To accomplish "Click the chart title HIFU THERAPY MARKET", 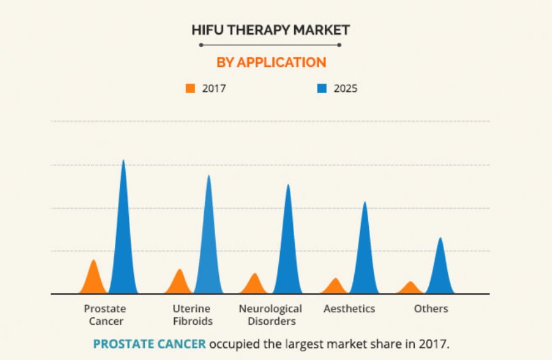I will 271,29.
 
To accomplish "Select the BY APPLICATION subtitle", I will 271,62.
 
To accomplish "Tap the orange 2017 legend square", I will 190,89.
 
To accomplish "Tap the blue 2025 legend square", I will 322,89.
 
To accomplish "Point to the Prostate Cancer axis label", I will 106,315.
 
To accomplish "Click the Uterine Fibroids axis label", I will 192,315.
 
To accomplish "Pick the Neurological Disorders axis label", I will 271,315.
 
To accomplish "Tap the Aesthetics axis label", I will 349,309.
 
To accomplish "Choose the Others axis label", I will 431,309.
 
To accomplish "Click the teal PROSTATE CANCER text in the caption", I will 149,344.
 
